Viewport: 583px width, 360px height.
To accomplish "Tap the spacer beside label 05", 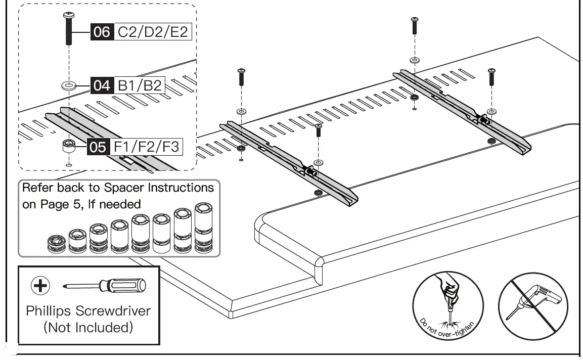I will click(68, 148).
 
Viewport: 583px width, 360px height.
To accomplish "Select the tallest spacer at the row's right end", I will click(203, 227).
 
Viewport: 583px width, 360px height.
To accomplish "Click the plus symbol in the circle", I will click(40, 286).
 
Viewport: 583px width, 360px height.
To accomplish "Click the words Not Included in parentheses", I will click(88, 328).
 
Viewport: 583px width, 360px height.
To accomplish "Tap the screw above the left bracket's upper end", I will click(241, 77).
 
